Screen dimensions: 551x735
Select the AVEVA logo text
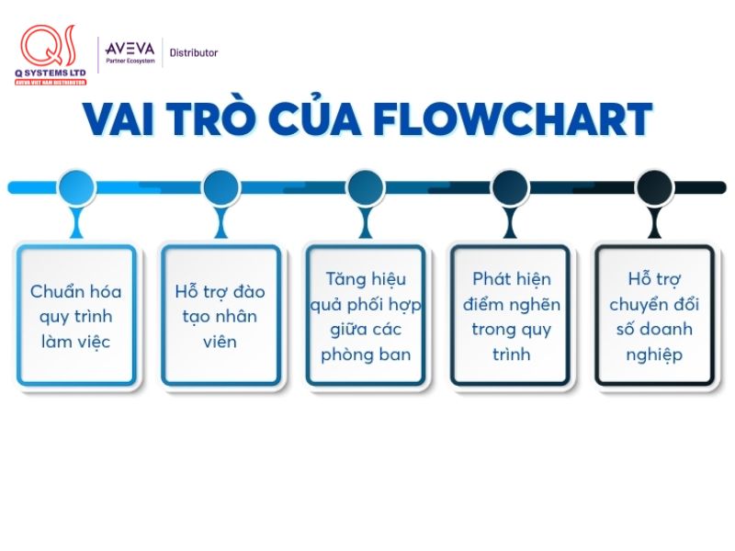tap(130, 48)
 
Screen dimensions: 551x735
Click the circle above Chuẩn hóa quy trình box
tap(76, 187)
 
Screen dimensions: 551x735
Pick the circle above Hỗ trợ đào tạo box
tap(220, 187)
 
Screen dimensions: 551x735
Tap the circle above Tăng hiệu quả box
tap(366, 187)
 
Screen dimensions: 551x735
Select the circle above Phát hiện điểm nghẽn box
tap(510, 187)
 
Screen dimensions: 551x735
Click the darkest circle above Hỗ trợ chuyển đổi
tap(654, 187)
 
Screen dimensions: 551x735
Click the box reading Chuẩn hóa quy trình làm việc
tap(76, 316)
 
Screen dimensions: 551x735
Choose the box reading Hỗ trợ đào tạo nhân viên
tap(220, 316)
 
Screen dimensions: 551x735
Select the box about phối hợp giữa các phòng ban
tap(366, 316)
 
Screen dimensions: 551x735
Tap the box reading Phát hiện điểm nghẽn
tap(510, 316)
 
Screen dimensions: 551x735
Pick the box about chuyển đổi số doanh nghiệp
tap(654, 316)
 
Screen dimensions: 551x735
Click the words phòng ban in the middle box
tap(366, 354)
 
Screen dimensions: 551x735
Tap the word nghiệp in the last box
tap(654, 354)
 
